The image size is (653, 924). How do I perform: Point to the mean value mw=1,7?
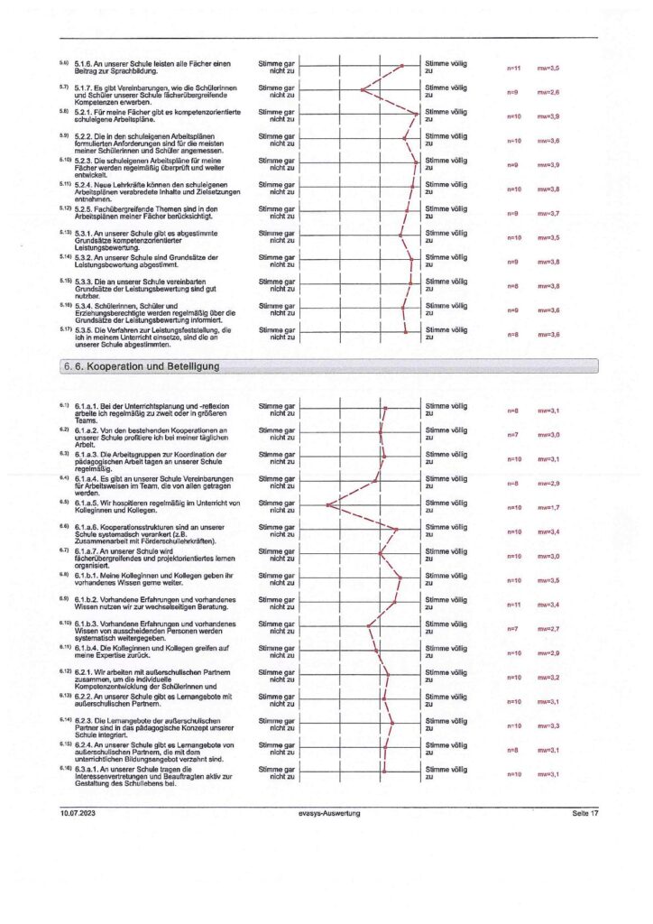point(549,507)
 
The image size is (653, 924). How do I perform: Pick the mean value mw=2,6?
point(549,92)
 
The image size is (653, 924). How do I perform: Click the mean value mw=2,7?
point(549,628)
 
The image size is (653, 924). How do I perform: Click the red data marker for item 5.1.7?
point(362,89)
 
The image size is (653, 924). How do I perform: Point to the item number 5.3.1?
point(89,234)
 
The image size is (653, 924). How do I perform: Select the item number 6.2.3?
point(89,721)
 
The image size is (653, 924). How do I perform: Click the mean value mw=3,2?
point(549,677)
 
